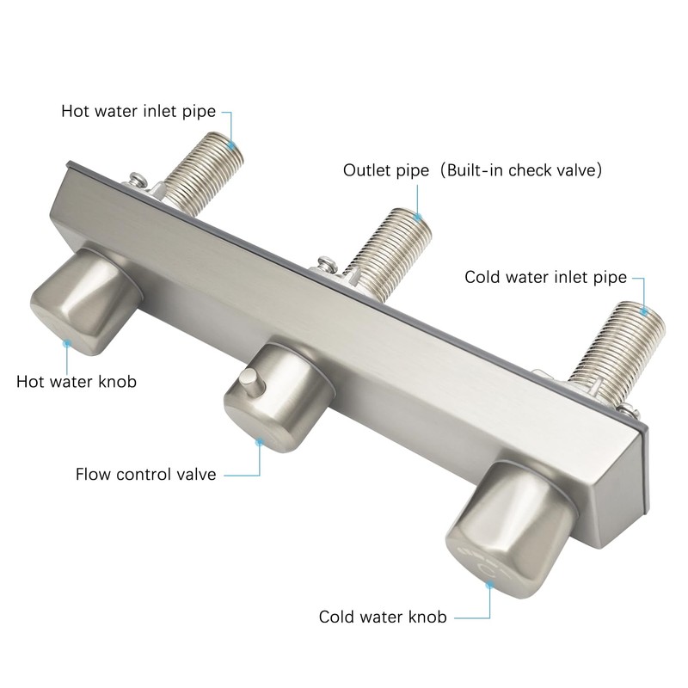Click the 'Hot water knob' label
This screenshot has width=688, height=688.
click(76, 380)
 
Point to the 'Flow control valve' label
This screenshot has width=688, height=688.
click(145, 473)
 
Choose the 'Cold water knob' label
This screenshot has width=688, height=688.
click(383, 617)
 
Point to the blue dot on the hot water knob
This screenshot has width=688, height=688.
click(66, 342)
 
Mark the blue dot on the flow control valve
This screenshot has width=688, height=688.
click(259, 441)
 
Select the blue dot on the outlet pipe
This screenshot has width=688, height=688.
click(419, 218)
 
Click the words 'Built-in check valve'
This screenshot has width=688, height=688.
click(525, 169)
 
